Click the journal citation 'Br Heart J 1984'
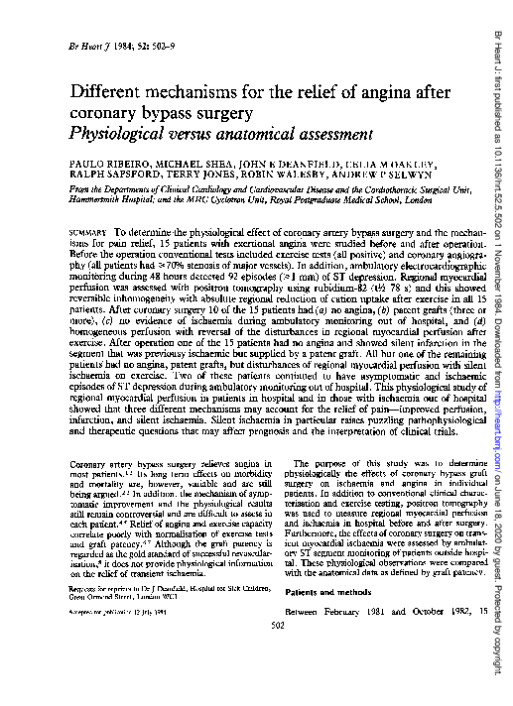click(x=96, y=47)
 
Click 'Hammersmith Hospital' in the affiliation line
click(x=107, y=198)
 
